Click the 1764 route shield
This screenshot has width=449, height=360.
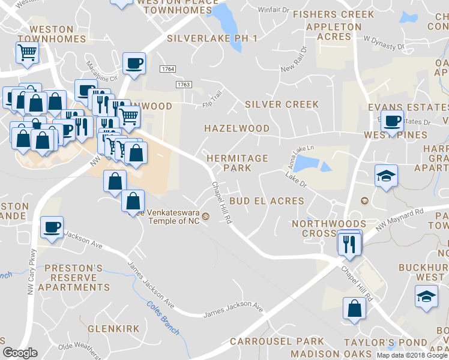(167, 70)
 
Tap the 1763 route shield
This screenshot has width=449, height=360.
(184, 85)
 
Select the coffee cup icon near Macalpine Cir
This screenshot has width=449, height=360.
(133, 62)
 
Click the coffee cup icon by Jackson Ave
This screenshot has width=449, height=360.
(51, 227)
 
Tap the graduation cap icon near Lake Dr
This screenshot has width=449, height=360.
(386, 175)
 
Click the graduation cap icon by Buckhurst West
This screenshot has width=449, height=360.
(426, 296)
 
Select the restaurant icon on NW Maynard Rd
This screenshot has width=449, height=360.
(348, 242)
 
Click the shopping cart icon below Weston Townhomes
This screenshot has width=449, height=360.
(26, 53)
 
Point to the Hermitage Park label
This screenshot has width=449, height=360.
(237, 163)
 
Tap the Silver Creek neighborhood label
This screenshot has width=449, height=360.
(282, 104)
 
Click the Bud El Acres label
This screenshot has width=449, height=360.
(267, 201)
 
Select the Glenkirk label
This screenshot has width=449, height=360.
(113, 329)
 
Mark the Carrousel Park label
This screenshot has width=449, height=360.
(268, 341)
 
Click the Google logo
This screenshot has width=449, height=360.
(20, 353)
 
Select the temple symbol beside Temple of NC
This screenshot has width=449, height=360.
(205, 216)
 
